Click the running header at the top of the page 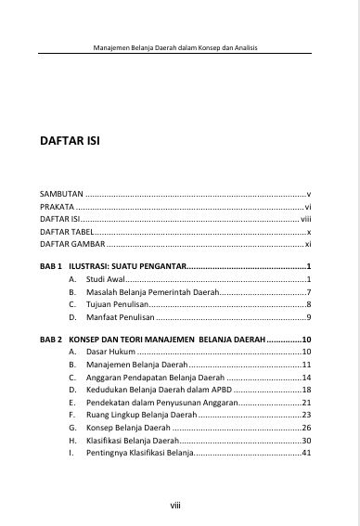coord(180,46)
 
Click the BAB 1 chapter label coord(51,266)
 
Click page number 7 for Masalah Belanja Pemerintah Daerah coord(307,292)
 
